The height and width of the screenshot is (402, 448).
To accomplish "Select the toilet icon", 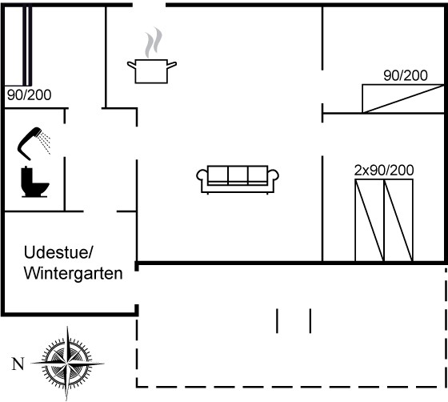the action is click(x=34, y=182).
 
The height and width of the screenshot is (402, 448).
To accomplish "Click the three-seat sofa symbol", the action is click(x=238, y=179).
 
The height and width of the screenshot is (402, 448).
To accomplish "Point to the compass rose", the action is click(x=67, y=364).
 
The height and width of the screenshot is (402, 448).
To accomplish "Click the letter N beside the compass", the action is click(x=18, y=364).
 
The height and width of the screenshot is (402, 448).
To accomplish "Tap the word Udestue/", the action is click(x=58, y=252).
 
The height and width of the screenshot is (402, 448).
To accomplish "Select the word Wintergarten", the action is click(x=73, y=273).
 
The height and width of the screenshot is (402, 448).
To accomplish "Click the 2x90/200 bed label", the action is click(x=384, y=171).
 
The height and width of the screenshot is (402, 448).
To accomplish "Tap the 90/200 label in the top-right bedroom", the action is click(x=406, y=76).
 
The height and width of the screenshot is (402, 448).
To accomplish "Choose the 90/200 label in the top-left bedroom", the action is click(x=30, y=95).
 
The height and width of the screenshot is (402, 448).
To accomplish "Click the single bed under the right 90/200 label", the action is click(x=403, y=98).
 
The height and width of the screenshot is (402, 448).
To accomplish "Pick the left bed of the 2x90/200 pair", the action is click(x=370, y=220).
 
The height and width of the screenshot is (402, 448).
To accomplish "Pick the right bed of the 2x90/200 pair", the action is click(x=398, y=220).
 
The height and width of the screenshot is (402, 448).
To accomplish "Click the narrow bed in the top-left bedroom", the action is click(x=27, y=46).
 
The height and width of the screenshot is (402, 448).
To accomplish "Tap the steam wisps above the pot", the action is click(x=154, y=42).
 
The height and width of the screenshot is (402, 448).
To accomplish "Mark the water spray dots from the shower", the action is click(x=46, y=143).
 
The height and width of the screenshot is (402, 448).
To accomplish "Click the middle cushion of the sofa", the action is click(x=238, y=175).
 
